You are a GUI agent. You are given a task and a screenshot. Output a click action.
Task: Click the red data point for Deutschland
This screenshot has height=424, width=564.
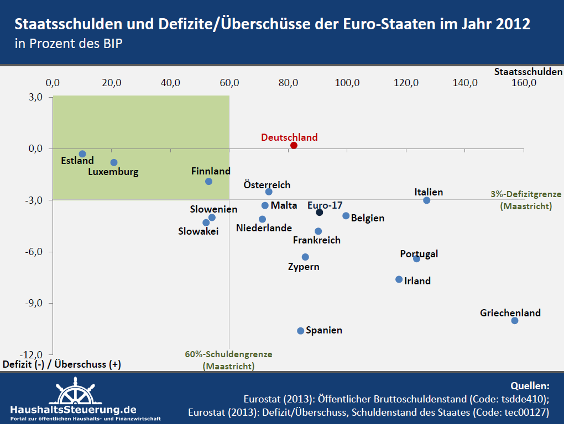[294, 145]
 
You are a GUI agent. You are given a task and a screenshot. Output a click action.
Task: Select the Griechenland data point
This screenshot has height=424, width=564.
[515, 320]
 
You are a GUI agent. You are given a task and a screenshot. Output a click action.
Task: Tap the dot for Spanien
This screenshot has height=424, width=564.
[301, 331]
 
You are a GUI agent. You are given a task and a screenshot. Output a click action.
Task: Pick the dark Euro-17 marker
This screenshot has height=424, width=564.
[320, 213]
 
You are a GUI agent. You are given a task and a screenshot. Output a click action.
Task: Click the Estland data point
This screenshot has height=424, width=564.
[82, 154]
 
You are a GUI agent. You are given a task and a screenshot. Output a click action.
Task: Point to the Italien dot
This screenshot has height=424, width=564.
[427, 200]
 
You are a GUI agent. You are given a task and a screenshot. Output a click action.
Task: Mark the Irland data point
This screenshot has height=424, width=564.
[399, 279]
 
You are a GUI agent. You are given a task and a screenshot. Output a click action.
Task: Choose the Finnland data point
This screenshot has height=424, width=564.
[208, 181]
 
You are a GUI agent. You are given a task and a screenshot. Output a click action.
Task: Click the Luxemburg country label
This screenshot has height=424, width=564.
[113, 172]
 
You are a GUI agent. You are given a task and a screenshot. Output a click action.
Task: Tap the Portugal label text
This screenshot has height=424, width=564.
[419, 254]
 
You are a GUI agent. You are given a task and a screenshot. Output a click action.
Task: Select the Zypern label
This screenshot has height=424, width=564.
[304, 267]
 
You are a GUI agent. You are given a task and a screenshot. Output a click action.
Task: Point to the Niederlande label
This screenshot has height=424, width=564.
[264, 228]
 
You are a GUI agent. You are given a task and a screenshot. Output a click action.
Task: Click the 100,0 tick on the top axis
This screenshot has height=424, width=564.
[348, 83]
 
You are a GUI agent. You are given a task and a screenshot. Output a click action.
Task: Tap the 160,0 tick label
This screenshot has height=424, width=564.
[524, 83]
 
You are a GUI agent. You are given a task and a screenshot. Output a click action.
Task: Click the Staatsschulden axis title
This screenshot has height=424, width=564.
[528, 71]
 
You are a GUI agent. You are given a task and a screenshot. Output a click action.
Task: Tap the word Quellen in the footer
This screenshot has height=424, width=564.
[530, 386]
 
